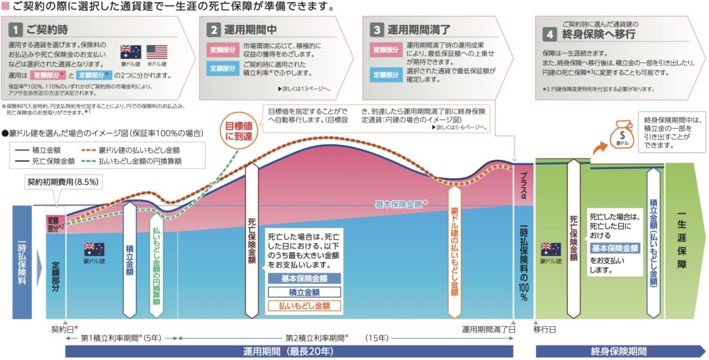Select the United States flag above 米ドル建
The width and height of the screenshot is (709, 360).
click(x=157, y=52)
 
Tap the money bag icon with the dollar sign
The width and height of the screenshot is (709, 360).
click(x=622, y=132)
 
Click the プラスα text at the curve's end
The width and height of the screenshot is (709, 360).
click(x=524, y=183)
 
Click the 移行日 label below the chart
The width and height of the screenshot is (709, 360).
click(x=545, y=330)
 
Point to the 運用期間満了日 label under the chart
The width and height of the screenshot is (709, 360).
click(x=488, y=330)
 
